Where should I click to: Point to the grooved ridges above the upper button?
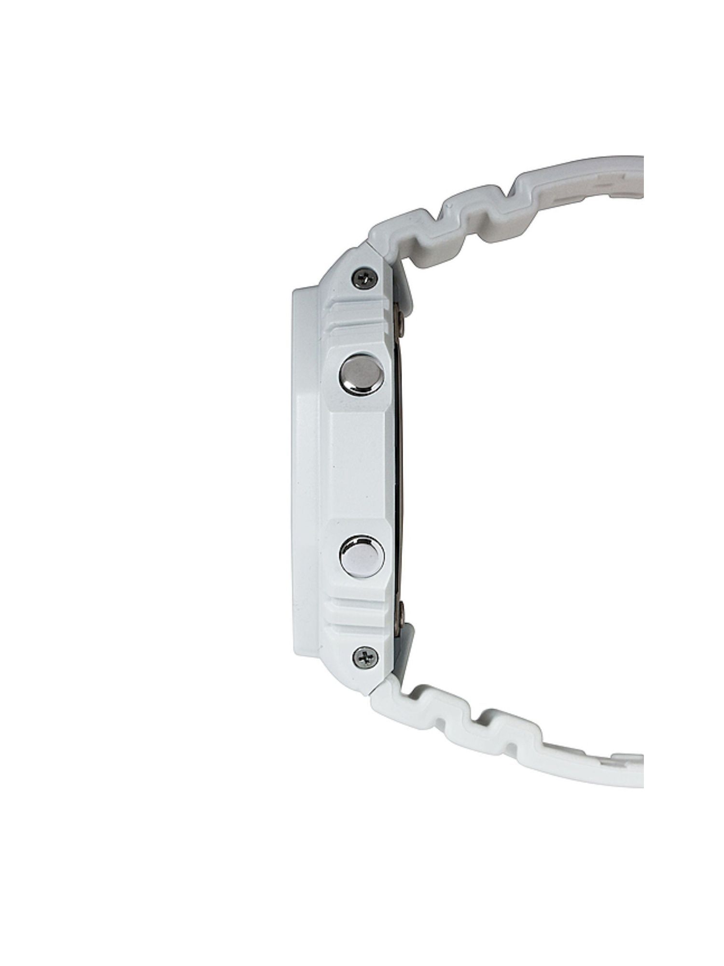point(357,319)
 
